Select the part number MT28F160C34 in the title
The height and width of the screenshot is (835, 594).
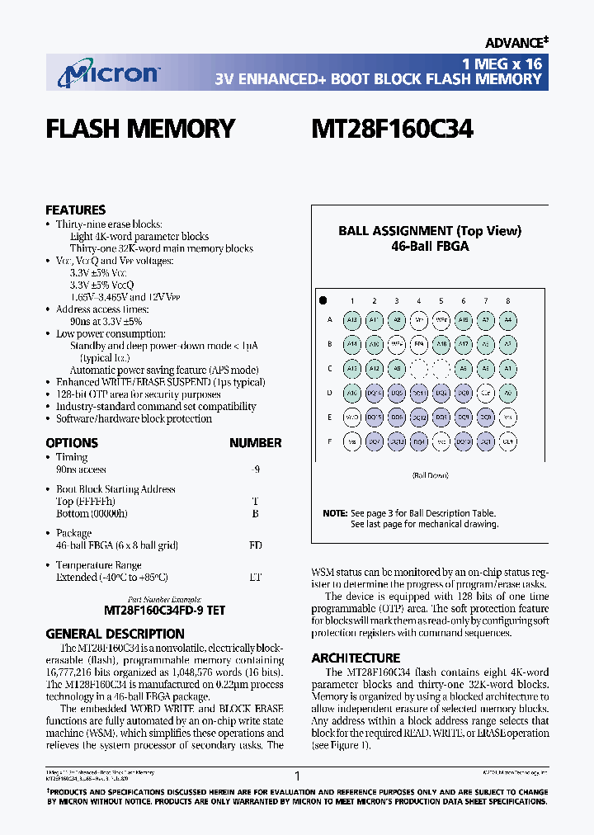click(x=392, y=130)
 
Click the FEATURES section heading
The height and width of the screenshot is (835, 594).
click(x=75, y=210)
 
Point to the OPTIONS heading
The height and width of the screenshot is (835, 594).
click(x=72, y=443)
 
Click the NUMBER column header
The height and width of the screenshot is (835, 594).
click(x=255, y=443)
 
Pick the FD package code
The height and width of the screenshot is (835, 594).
click(x=255, y=545)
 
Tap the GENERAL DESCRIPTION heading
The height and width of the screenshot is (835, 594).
click(x=115, y=634)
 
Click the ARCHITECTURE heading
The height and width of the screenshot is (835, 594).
click(x=356, y=658)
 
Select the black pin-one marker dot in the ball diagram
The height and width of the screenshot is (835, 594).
click(x=323, y=300)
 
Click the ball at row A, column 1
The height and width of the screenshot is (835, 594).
click(x=352, y=321)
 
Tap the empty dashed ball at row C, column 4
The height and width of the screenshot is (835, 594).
click(x=419, y=369)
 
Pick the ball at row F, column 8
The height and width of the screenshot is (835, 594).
click(x=508, y=441)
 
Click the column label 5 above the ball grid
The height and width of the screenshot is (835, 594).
click(x=441, y=301)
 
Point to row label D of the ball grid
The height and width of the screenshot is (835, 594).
click(x=330, y=394)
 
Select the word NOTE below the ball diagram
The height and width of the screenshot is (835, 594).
click(x=335, y=513)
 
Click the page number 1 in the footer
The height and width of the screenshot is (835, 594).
click(x=297, y=776)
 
